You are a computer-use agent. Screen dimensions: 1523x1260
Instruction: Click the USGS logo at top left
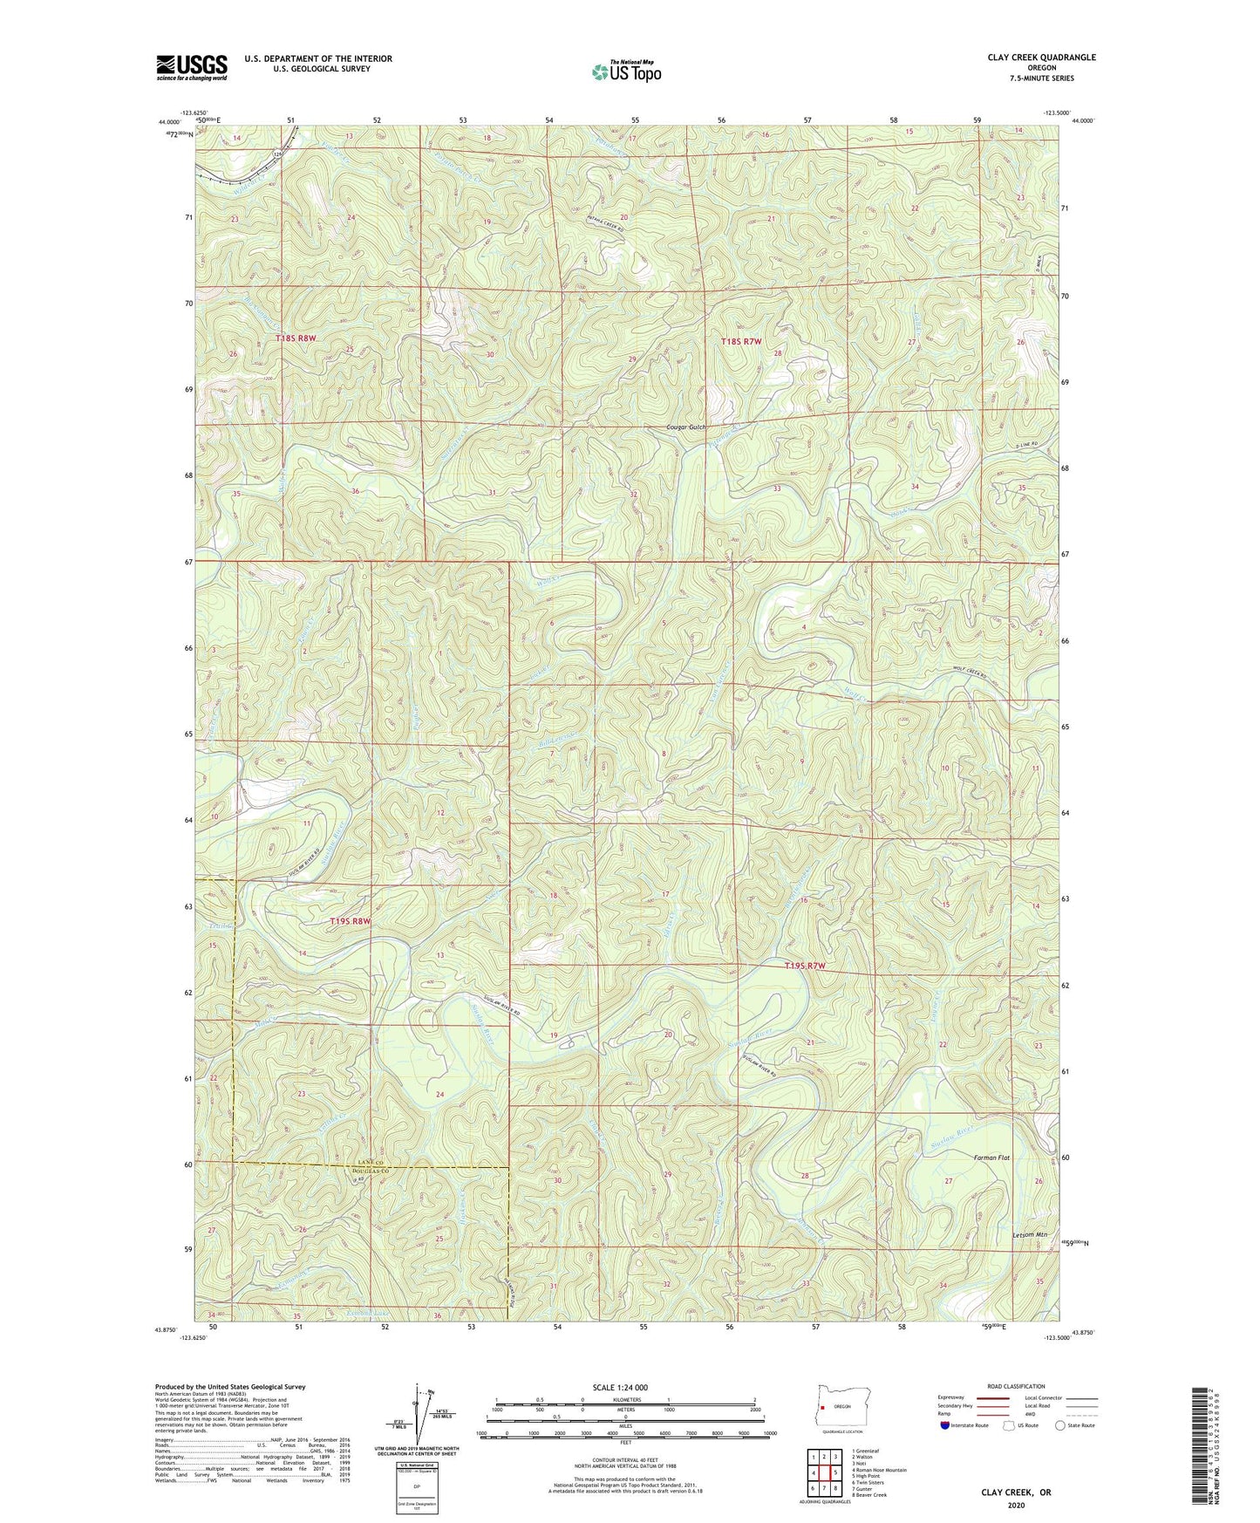click(x=191, y=67)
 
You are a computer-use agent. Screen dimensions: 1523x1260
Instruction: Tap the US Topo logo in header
click(x=625, y=72)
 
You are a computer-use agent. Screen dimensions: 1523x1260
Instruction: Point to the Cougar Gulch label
click(x=685, y=427)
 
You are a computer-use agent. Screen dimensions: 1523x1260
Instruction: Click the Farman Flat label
click(x=991, y=1158)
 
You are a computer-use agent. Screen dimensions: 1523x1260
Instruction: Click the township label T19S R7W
click(x=804, y=966)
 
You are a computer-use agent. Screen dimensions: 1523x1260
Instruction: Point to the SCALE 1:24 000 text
click(x=620, y=1387)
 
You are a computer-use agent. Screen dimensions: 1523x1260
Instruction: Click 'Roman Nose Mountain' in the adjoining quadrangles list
click(x=881, y=1470)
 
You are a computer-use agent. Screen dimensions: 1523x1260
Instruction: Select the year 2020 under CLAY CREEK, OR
click(x=1016, y=1505)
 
